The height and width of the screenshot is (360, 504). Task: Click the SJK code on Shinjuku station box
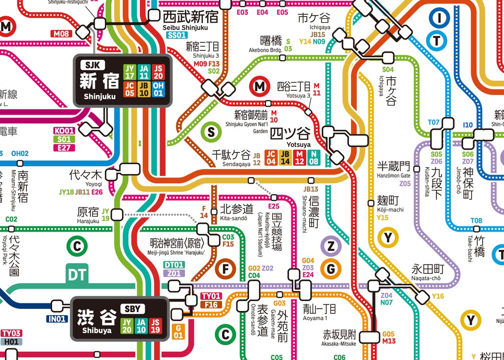[x=93, y=65]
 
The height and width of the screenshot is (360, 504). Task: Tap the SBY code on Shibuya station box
[x=132, y=309]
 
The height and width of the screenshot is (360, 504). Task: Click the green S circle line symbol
[x=211, y=132]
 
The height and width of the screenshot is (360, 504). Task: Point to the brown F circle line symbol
[x=225, y=269]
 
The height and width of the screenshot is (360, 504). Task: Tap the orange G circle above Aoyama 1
[x=331, y=269]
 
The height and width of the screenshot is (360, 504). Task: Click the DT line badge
[x=77, y=274]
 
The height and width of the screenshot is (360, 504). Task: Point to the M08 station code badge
[x=62, y=34]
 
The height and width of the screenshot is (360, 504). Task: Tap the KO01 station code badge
[x=64, y=131]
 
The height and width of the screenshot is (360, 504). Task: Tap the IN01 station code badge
[x=57, y=319]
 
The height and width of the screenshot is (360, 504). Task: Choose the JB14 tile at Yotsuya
[x=285, y=157]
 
